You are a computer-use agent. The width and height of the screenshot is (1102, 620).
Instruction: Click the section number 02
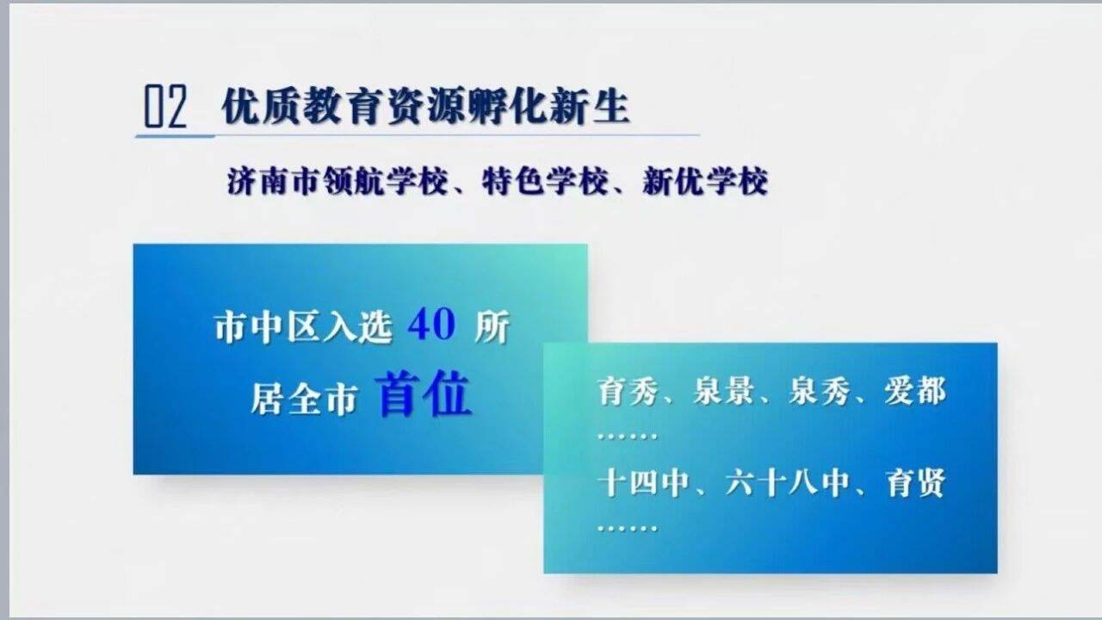point(165,106)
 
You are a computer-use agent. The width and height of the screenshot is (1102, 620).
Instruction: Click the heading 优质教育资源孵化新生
point(425,106)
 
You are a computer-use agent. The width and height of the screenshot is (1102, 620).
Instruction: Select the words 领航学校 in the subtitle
point(385,182)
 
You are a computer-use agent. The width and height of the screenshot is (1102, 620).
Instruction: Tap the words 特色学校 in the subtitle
point(545,182)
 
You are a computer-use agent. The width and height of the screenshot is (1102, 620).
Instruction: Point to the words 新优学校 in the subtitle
point(705,182)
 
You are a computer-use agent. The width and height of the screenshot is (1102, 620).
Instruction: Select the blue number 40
point(431,325)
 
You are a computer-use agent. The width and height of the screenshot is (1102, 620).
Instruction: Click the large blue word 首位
point(423,394)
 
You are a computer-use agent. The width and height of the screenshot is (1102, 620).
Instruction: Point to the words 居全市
point(304,399)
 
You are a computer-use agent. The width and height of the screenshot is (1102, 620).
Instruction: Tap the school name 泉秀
point(819,392)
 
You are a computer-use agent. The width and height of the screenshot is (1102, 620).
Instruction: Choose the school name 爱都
point(915,392)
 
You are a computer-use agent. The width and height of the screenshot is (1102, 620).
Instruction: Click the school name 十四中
point(643,483)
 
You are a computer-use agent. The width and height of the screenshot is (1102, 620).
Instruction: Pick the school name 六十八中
point(788,483)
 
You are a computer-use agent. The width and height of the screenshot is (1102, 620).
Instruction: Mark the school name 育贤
point(915,483)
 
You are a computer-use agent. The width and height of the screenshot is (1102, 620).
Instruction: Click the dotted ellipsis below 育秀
point(628,437)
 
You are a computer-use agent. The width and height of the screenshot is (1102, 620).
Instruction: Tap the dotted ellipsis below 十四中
point(628,529)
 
